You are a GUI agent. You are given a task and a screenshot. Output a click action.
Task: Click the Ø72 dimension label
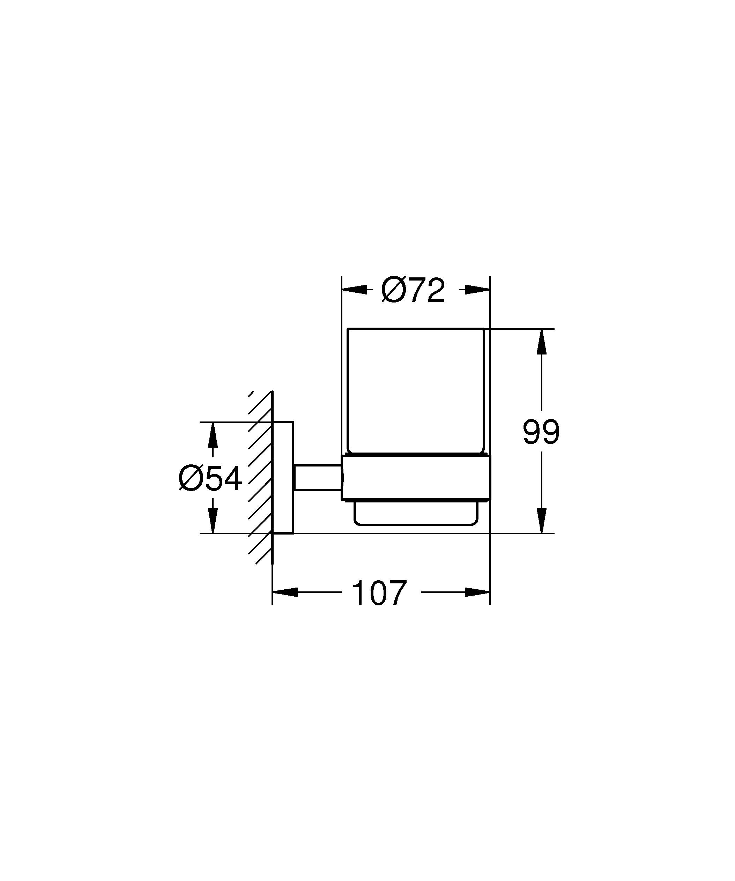click(413, 290)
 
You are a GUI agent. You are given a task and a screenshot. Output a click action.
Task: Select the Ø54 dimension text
click(210, 479)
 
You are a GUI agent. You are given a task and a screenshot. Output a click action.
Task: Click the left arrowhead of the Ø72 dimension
click(355, 290)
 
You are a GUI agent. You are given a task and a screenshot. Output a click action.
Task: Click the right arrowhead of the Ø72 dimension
click(477, 290)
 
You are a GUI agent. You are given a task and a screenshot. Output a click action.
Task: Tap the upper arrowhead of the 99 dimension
click(542, 342)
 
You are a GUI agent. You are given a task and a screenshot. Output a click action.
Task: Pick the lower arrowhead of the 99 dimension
click(542, 520)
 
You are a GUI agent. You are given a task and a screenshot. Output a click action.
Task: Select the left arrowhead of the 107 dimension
click(285, 592)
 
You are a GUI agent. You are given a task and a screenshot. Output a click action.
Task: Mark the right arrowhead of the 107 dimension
click(477, 592)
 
